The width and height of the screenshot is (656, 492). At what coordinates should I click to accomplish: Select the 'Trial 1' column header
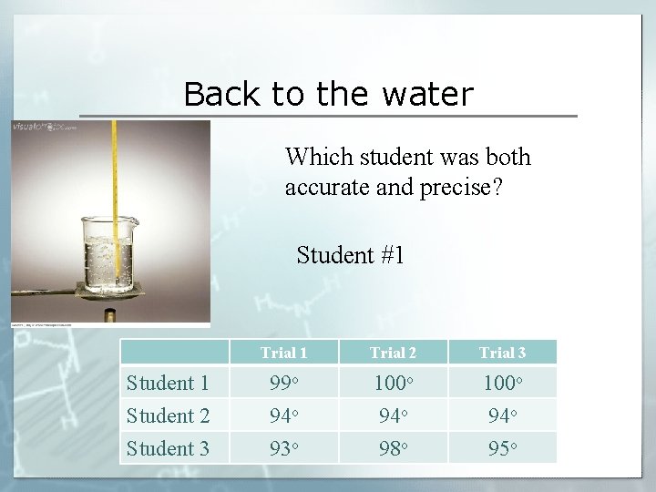[x=283, y=353]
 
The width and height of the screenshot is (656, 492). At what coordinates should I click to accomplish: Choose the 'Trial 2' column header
[x=393, y=353]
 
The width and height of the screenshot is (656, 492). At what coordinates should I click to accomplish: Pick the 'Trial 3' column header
[x=502, y=353]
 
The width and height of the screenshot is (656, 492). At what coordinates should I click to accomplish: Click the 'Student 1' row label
[x=168, y=383]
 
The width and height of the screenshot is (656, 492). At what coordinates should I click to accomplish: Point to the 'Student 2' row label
[x=168, y=415]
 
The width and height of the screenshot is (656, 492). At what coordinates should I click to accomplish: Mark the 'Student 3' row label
[x=168, y=448]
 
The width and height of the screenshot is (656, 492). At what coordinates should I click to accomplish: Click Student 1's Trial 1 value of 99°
[x=283, y=383]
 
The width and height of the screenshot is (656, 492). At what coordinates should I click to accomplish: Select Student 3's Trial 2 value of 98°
[x=393, y=448]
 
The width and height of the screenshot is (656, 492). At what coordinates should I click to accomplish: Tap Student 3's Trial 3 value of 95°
[x=502, y=448]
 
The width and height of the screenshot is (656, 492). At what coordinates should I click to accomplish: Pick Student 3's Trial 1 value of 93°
[x=283, y=448]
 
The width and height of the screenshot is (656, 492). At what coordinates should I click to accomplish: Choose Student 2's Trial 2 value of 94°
[x=393, y=415]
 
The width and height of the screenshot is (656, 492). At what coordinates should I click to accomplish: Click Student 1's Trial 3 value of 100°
[x=502, y=383]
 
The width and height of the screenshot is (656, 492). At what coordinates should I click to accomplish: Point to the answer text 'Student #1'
[x=350, y=255]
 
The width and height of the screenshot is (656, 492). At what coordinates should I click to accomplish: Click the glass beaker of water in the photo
[x=110, y=251]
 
